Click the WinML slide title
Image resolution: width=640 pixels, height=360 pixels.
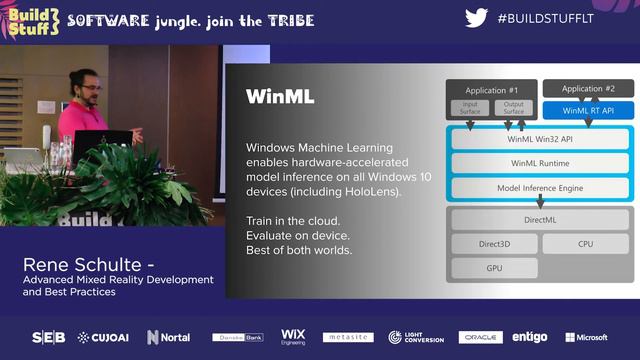tap(280, 97)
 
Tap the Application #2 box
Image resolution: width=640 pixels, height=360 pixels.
tap(589, 89)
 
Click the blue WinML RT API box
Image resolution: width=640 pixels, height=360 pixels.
tap(589, 110)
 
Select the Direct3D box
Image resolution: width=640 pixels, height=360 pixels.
tap(494, 244)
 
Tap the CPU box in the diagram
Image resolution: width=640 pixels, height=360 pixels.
tap(586, 244)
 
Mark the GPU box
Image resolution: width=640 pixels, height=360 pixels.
tap(494, 268)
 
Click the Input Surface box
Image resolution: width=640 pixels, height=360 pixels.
tap(470, 107)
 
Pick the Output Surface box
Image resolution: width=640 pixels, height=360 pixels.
tap(514, 107)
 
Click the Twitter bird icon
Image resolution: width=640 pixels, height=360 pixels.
tap(477, 19)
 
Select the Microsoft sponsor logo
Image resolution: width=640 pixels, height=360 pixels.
tap(586, 338)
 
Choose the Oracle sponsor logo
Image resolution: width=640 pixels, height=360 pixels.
tap(480, 338)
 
